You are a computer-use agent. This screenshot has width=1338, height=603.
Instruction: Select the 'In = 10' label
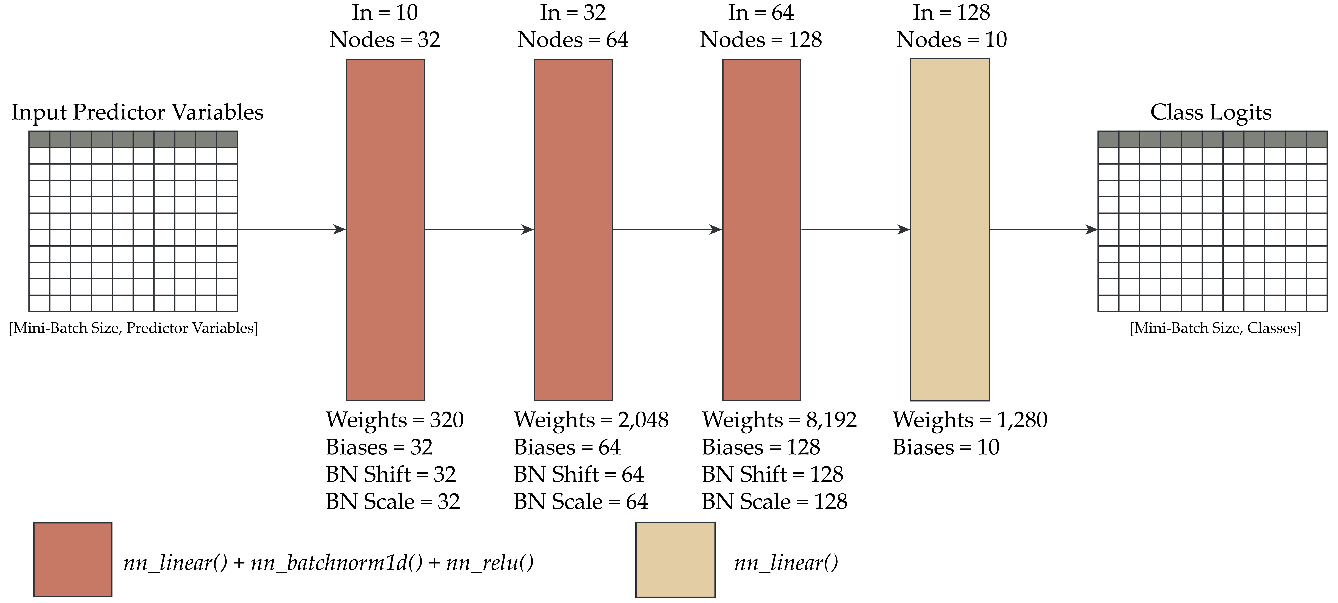(x=385, y=12)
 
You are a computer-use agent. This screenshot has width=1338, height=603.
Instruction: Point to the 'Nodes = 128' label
(x=761, y=40)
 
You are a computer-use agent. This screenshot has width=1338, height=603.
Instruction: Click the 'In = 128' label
(x=952, y=12)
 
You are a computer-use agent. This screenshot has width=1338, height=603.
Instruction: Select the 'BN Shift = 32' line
(x=391, y=474)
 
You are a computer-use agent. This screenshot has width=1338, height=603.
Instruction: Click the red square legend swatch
(x=73, y=559)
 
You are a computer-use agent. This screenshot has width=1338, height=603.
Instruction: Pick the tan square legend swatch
(x=675, y=559)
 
